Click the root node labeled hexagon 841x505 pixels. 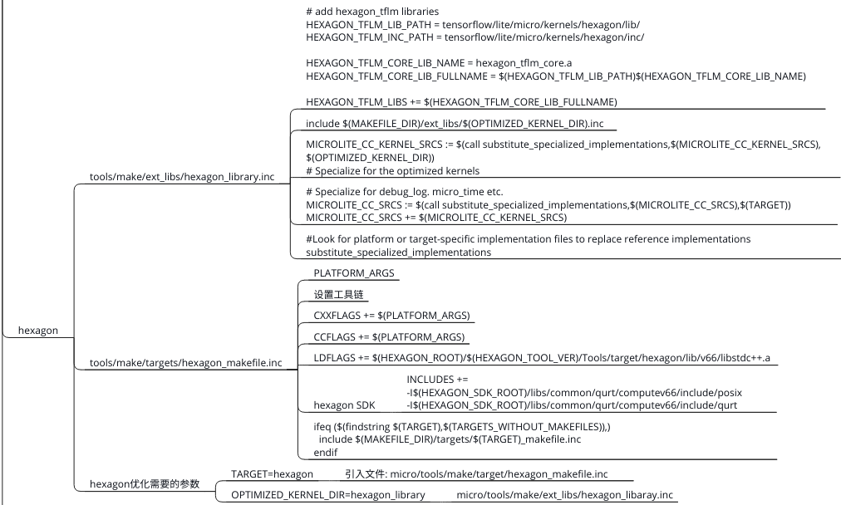coord(38,331)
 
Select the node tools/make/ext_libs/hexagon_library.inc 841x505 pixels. coord(181,177)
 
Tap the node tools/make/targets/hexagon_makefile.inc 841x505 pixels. coord(185,363)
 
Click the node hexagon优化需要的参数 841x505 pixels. coord(144,484)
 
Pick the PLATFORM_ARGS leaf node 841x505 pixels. coord(353,273)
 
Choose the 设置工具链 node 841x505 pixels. coord(338,295)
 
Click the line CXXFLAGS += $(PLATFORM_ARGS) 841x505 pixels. coord(391,316)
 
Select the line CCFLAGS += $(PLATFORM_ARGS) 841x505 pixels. coord(388,337)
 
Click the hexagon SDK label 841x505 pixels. coord(344,405)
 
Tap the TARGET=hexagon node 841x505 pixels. coord(272,474)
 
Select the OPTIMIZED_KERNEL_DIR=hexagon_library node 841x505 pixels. coord(327,495)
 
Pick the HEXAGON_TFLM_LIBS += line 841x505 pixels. coord(461,102)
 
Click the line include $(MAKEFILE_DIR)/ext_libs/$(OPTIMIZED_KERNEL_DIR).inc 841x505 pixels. coord(455,124)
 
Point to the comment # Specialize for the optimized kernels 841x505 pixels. coord(392,171)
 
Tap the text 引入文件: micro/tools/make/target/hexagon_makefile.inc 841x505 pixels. coord(476,474)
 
